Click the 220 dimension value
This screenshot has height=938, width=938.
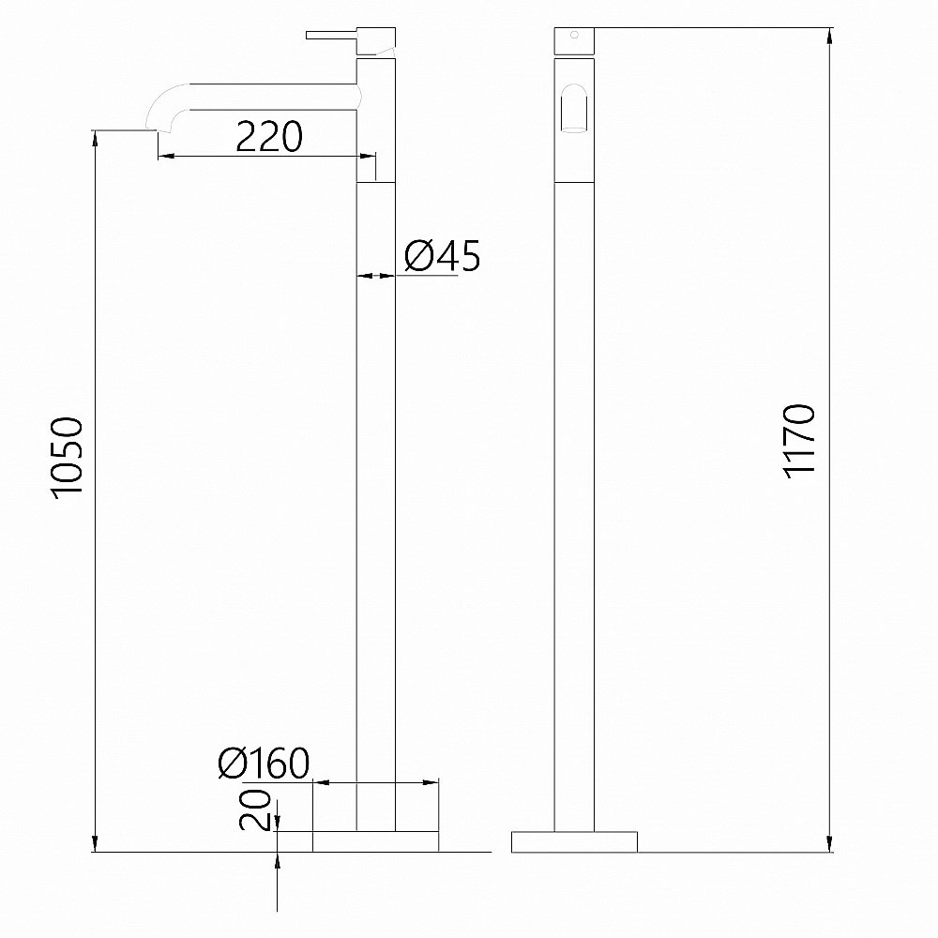tap(268, 137)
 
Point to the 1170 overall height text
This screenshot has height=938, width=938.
tap(802, 442)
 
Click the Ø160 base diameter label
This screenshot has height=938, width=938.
tap(263, 765)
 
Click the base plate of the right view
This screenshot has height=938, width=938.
tap(574, 841)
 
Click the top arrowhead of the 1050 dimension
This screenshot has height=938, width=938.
tap(96, 138)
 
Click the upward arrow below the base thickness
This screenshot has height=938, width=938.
tap(278, 861)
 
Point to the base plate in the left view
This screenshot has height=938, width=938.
tap(375, 841)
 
